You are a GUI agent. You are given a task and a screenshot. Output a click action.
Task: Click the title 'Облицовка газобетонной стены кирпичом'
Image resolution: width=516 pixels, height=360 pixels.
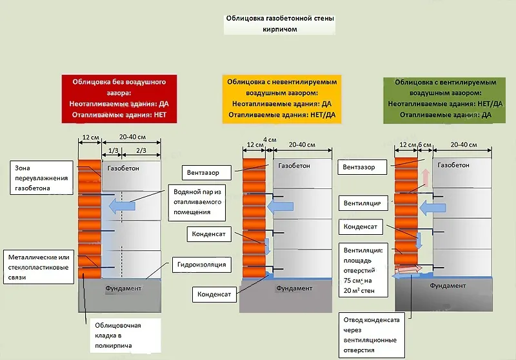point(280,24)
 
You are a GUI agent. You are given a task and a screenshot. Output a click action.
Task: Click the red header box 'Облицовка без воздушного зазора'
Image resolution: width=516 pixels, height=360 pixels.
point(115,99)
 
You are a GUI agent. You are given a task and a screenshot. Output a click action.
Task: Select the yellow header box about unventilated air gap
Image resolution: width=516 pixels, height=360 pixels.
point(283,99)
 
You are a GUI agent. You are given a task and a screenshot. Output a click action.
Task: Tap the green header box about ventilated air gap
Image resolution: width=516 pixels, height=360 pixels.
point(445,99)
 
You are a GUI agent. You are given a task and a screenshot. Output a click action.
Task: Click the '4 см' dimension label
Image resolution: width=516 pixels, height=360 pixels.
point(270,140)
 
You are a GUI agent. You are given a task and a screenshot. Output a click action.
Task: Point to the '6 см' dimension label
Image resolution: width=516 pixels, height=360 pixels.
point(424,145)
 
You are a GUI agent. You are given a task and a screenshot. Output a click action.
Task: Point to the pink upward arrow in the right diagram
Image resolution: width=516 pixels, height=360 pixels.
point(424,178)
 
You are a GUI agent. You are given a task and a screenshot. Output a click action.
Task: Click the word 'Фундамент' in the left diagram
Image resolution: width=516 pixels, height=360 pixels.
point(123,288)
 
